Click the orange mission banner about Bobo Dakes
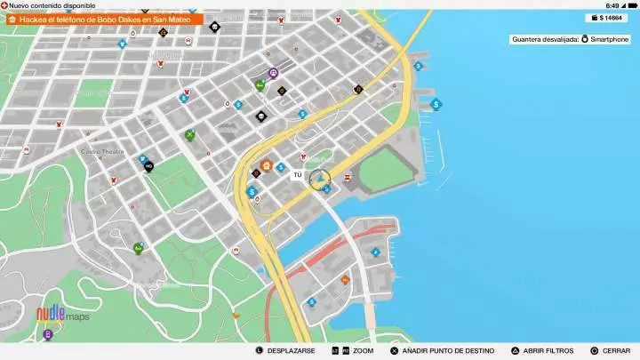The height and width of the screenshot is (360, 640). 103,19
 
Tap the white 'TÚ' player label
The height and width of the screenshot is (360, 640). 298,175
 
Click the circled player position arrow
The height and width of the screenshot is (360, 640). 319,179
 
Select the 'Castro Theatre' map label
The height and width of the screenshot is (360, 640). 102,152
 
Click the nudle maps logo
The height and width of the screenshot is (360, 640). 62,314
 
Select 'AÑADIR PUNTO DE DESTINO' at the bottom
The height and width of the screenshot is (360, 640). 436,351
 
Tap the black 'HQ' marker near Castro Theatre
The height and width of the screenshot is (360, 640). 148,166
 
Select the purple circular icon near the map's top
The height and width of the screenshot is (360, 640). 274,73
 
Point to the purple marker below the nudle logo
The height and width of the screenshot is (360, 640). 47,335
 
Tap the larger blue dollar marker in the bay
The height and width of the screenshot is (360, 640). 436,104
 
